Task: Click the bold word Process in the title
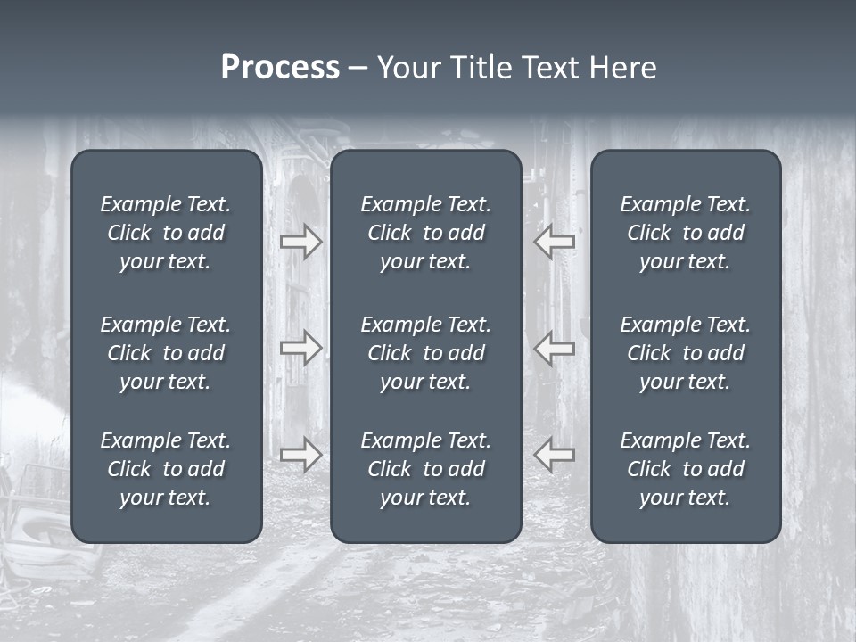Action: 280,68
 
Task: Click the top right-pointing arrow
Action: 300,242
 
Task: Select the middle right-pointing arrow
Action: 300,347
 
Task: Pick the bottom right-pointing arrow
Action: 300,455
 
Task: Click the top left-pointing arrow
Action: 555,242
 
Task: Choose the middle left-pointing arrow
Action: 555,347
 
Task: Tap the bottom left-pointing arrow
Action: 555,455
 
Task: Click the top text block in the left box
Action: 166,233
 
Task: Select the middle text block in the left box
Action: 166,353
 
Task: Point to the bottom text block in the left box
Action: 166,469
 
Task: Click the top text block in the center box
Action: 425,233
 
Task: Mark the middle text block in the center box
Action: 425,353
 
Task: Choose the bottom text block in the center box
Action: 425,469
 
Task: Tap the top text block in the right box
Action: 685,233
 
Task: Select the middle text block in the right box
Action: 685,353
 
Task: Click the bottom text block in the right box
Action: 685,469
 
